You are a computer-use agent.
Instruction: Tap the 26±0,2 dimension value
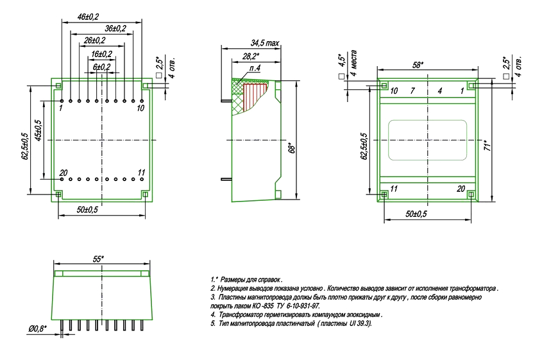point(94,41)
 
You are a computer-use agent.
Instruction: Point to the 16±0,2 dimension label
point(101,54)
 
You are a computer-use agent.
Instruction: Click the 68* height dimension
point(292,148)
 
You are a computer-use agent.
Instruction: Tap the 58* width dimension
point(418,65)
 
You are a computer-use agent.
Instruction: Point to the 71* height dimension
point(487,145)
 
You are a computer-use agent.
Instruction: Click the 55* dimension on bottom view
point(98,259)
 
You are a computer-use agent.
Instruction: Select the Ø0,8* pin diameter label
point(38,329)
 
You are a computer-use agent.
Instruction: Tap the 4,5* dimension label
point(342,60)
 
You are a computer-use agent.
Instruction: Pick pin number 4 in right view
point(440,92)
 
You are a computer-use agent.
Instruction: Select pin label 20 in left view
point(63,172)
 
